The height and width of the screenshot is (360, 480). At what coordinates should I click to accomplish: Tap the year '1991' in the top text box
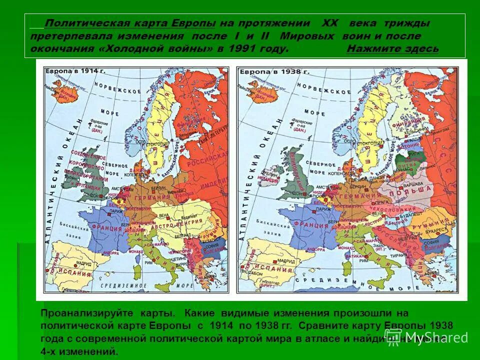(241, 48)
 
